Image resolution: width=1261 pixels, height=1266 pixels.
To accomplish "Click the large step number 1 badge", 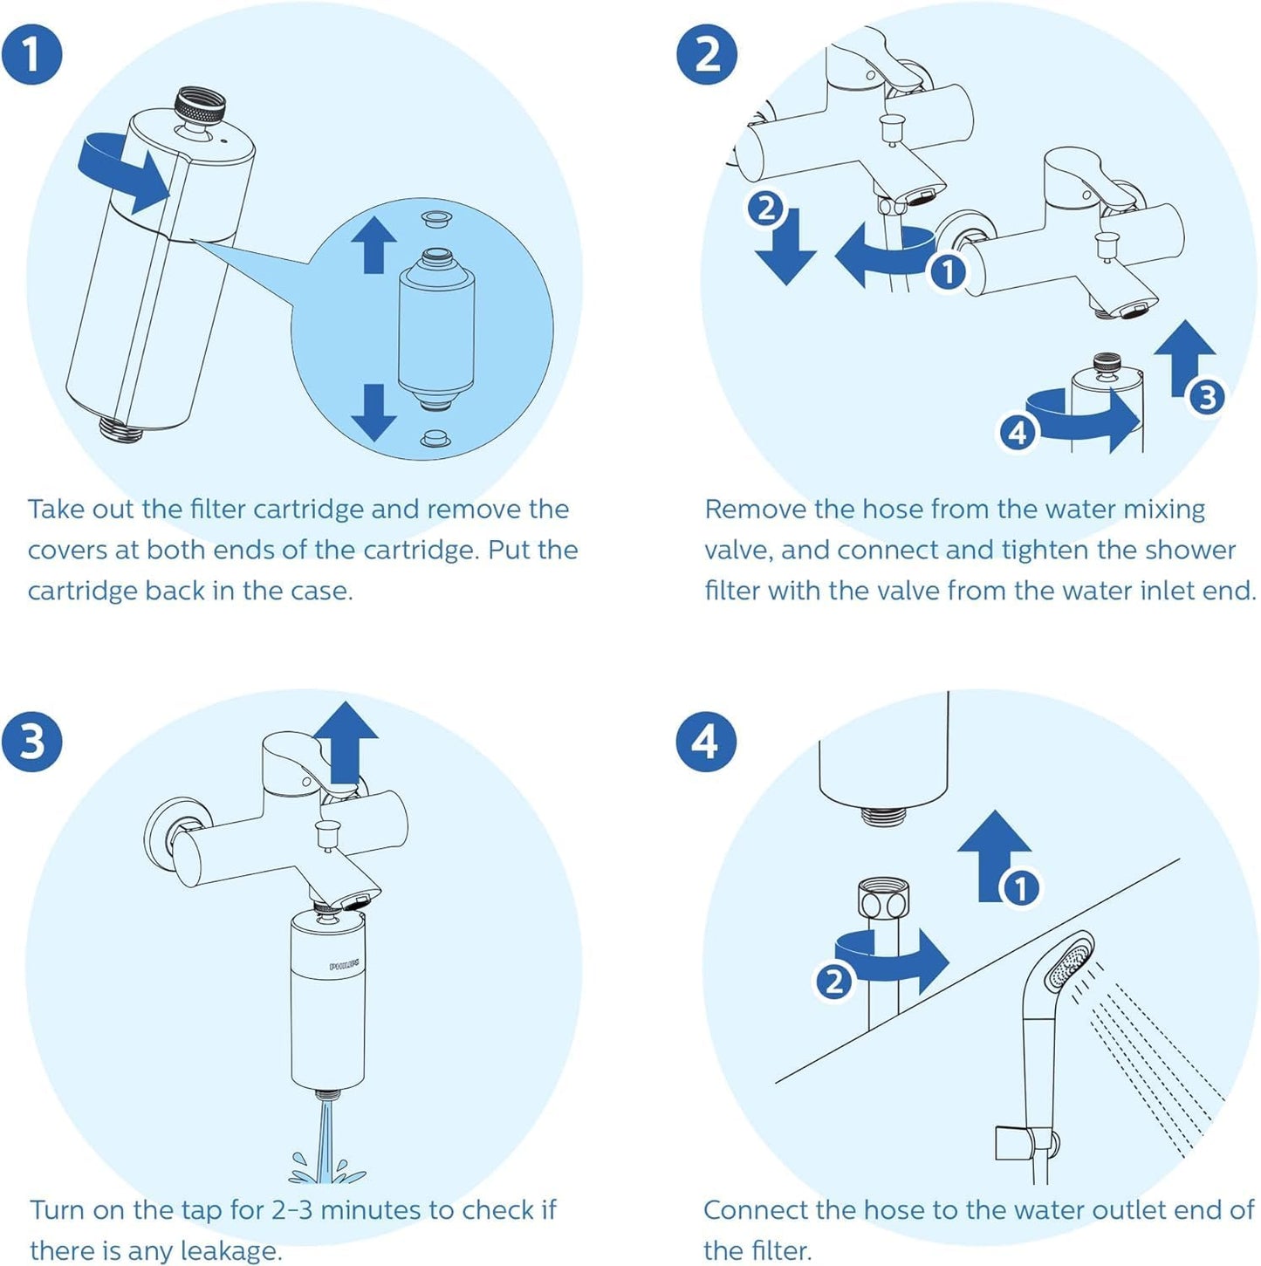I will [x=31, y=54].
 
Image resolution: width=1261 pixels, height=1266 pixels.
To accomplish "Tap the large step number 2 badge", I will [x=706, y=54].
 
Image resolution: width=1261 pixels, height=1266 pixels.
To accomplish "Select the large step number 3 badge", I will [x=31, y=742].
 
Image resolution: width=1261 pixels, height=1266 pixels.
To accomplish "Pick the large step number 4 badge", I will [x=706, y=742].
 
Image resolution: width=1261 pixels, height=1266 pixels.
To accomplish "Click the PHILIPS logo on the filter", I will [x=344, y=966].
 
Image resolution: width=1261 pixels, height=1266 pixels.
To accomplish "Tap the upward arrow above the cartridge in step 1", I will [x=374, y=244].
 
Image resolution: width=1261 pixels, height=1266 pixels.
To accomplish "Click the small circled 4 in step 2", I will [x=1018, y=432].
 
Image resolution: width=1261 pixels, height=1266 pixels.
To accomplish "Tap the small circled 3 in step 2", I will [x=1207, y=398].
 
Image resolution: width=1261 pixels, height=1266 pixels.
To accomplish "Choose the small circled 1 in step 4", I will [x=1020, y=888].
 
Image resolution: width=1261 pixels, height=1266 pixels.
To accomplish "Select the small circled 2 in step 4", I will [x=833, y=982].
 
